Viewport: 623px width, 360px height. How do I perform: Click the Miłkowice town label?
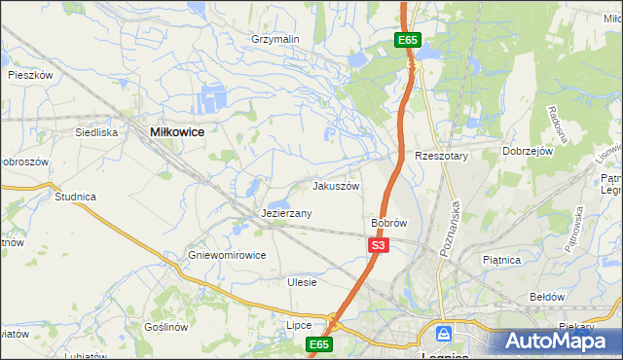(177, 130)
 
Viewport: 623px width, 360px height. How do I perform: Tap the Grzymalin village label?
(275, 40)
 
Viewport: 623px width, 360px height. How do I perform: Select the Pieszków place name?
(29, 74)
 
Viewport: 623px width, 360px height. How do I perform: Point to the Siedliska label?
(97, 131)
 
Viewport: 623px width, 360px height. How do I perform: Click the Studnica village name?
(75, 197)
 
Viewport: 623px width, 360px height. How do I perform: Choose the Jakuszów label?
(336, 186)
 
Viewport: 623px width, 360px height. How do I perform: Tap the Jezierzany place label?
(286, 213)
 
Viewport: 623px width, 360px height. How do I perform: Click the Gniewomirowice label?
(227, 256)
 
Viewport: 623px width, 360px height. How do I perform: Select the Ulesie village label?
(303, 282)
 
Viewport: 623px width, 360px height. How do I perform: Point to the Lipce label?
(298, 325)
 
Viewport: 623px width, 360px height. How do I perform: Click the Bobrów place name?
(388, 223)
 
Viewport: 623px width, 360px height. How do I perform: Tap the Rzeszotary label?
(442, 157)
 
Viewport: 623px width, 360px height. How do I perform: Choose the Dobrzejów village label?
(528, 152)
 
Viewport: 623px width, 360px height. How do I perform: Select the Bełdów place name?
(546, 296)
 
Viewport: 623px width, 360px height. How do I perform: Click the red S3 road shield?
(379, 247)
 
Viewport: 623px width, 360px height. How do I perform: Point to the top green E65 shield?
(408, 40)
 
